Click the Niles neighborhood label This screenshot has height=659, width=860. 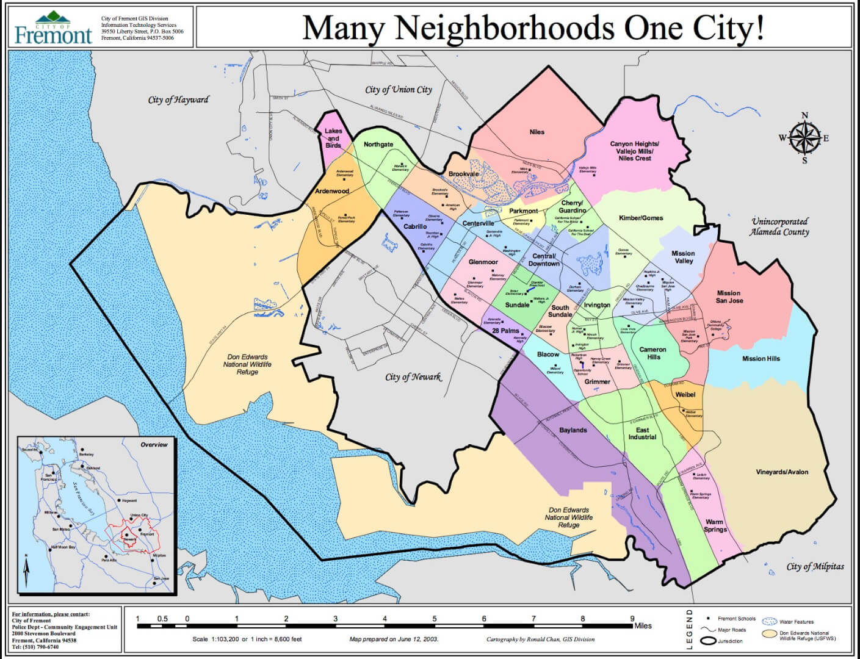(x=537, y=132)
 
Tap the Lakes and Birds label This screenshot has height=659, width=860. (x=333, y=138)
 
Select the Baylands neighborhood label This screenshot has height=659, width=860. (x=573, y=430)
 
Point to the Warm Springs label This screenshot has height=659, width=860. (x=715, y=525)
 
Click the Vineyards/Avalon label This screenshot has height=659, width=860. (x=782, y=472)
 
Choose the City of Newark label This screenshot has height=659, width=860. (x=413, y=376)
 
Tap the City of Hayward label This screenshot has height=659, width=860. (x=178, y=99)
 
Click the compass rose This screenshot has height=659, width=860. (x=804, y=137)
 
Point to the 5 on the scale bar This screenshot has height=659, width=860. (x=435, y=619)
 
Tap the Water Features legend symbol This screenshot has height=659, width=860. (x=771, y=621)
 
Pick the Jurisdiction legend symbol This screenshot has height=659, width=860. (x=709, y=641)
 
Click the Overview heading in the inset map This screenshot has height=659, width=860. (x=154, y=444)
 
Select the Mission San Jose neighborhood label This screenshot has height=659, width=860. (x=729, y=297)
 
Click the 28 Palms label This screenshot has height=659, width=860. (x=505, y=331)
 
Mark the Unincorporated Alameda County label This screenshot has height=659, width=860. (x=779, y=226)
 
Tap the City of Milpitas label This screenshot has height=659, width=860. (x=815, y=566)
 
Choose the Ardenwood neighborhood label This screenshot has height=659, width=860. (x=332, y=191)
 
